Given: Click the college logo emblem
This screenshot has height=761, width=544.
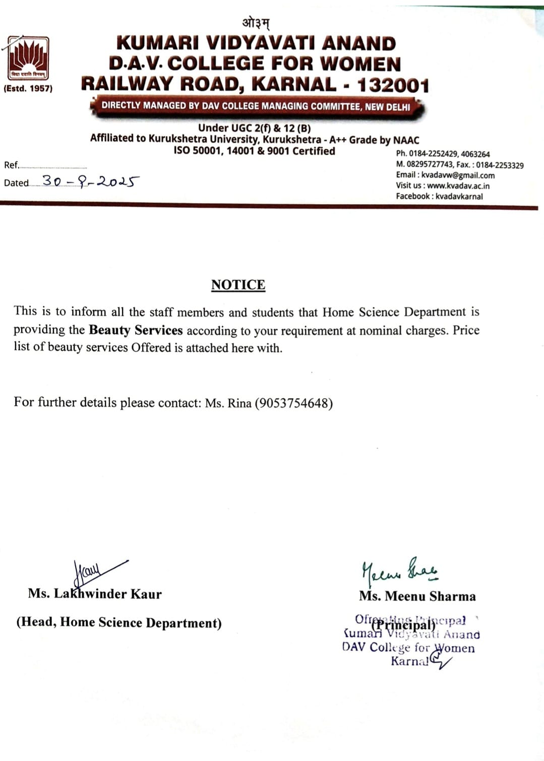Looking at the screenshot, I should point(28,58).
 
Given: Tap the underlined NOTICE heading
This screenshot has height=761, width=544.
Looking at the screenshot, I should point(238,285).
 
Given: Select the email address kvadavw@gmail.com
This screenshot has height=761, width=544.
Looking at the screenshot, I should point(458,175).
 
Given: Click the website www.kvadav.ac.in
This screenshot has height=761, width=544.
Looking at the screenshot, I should point(458,186).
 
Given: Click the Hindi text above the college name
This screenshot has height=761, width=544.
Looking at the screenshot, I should point(256,23).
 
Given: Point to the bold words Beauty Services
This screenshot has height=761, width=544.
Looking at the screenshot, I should point(136,330).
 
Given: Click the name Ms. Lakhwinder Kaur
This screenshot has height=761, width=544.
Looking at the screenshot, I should point(95,594).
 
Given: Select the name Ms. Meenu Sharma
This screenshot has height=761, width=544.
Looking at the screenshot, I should point(417,596).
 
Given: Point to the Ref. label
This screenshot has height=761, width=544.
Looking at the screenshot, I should point(11,165).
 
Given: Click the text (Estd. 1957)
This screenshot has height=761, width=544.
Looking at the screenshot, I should point(28,89).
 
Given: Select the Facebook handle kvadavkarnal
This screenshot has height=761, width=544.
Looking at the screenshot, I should point(459,197).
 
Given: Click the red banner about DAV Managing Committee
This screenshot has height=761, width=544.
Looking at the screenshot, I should point(256,106).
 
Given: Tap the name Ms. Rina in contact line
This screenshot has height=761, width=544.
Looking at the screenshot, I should point(228,403).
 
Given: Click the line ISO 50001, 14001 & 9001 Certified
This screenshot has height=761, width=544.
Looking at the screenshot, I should point(254,151).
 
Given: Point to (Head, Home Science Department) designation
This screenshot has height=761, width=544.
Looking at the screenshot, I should point(119,622).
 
